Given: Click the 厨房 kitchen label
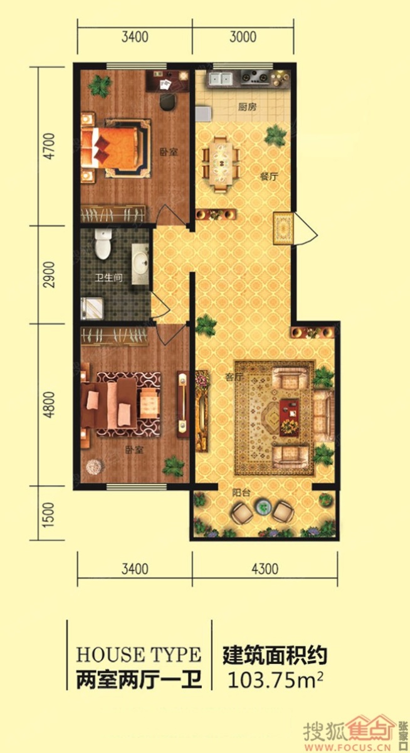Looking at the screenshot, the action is (247, 107).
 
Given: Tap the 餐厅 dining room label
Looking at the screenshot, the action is (270, 176).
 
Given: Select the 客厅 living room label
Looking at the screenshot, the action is (234, 377).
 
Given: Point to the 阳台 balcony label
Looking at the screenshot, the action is (241, 493).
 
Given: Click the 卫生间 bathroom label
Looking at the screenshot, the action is (108, 277).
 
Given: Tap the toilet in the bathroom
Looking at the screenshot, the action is (103, 244).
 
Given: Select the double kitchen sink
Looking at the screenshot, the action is (221, 78).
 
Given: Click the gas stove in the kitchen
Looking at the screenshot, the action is (255, 78).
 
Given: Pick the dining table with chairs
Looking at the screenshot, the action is (221, 164).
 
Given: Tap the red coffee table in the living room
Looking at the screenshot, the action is (289, 417).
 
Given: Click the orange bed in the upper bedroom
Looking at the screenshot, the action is (112, 147).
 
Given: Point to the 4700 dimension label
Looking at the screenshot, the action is (49, 146).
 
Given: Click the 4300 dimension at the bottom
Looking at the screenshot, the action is (265, 569).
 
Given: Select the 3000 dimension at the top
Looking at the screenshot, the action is (243, 36).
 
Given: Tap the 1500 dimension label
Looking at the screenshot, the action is (49, 515).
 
